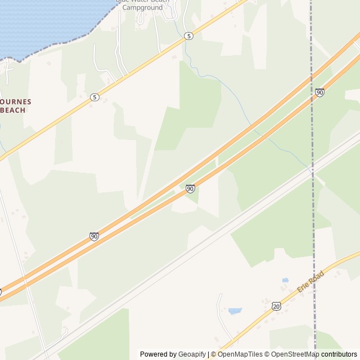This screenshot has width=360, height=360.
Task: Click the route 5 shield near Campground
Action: tap(188, 36)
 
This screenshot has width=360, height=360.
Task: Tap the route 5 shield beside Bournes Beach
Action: tap(94, 97)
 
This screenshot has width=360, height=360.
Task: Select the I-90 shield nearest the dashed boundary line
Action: tap(319, 92)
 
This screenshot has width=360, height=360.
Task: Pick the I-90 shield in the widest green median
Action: tap(190, 189)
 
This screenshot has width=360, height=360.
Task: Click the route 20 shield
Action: tap(275, 305)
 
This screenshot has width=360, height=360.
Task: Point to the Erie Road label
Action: tap(310, 281)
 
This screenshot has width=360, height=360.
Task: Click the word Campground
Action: tap(142, 8)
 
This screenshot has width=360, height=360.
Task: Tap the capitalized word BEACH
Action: tap(13, 110)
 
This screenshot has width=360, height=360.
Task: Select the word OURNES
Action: tap(16, 102)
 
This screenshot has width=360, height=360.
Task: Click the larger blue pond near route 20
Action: tap(235, 311)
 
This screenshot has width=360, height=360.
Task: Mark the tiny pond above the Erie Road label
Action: tap(285, 280)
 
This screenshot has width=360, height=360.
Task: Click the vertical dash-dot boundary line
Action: tap(312, 225)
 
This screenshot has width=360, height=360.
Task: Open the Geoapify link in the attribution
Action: tap(192, 354)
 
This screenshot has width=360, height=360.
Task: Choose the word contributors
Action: tap(339, 354)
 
